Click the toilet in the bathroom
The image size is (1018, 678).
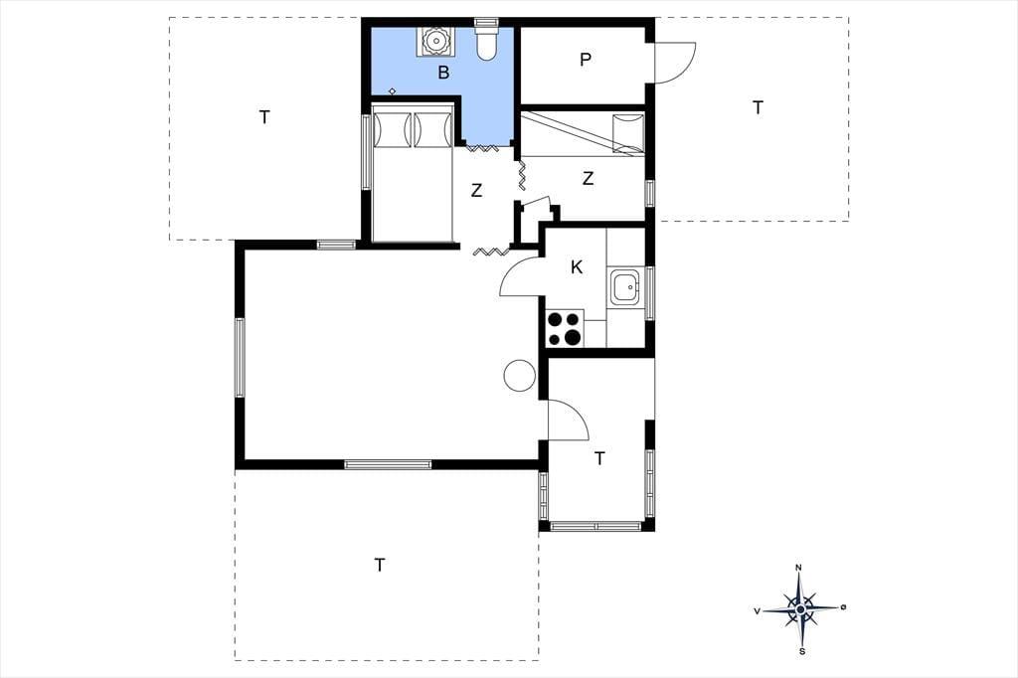point(486,39)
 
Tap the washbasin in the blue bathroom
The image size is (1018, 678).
point(435,41)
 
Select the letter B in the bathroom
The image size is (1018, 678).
point(443,73)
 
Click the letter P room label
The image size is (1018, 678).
point(586,60)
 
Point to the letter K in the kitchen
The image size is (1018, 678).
point(577,266)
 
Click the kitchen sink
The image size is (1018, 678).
point(625,287)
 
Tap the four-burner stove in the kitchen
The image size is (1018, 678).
point(565,329)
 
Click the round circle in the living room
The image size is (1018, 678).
point(519,376)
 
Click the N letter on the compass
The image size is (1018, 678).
point(798,568)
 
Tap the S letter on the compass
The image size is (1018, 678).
point(802,651)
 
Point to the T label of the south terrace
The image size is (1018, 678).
point(380,565)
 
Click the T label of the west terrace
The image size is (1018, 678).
point(264,117)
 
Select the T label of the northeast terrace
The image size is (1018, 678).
point(758,107)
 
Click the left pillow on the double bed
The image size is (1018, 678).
point(392,130)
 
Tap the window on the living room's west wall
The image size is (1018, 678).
point(240,357)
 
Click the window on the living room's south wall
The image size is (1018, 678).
point(388,464)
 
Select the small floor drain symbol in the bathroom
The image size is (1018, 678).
point(392,91)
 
